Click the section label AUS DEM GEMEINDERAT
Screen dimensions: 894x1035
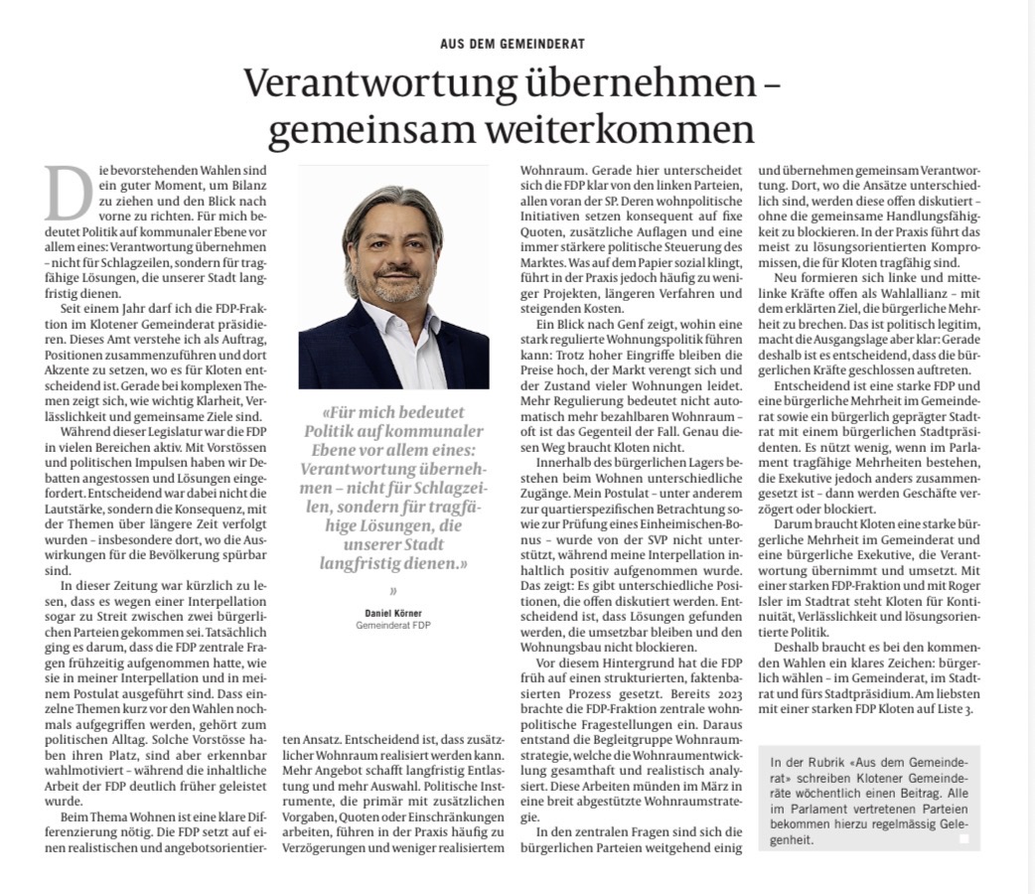[x=512, y=44]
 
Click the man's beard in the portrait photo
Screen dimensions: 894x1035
[x=393, y=292]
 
